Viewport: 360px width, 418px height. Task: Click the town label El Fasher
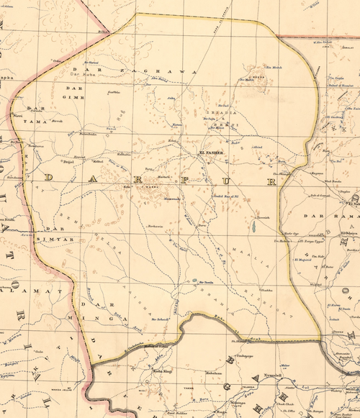click(x=212, y=153)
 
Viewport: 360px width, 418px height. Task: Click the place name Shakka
click(x=265, y=290)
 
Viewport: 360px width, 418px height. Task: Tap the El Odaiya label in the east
click(x=349, y=232)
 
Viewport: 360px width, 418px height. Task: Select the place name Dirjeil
click(x=71, y=163)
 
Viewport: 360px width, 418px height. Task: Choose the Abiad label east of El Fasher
click(x=256, y=146)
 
